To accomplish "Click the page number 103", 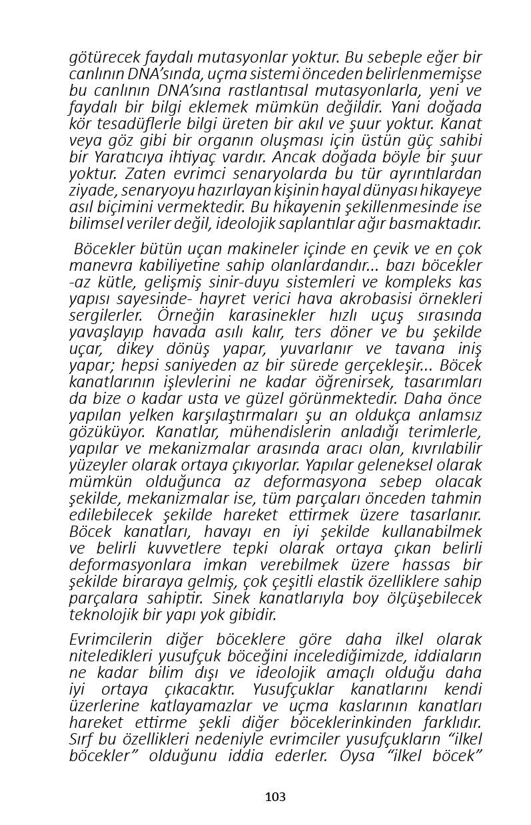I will tap(274, 796).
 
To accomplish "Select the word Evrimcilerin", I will tap(111, 639).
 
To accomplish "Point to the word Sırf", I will tap(80, 739).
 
